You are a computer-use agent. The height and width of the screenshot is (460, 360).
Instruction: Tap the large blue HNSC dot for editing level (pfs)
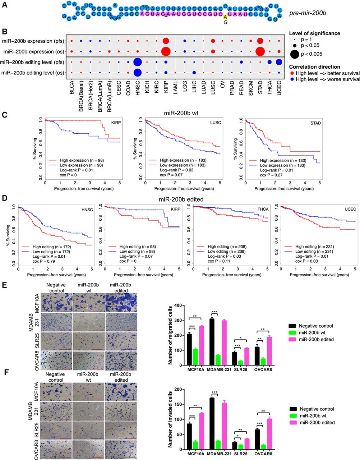(x=137, y=62)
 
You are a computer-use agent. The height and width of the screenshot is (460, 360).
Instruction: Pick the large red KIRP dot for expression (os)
(x=166, y=51)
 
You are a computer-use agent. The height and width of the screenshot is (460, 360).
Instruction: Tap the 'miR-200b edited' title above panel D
(x=180, y=199)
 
